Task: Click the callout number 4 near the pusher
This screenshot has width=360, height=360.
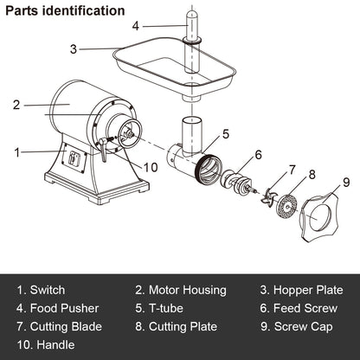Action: click(x=136, y=26)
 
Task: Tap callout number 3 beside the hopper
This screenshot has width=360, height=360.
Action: click(x=74, y=49)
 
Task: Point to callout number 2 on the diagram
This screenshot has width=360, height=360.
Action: click(x=16, y=106)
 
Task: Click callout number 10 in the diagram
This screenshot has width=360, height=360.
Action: click(x=151, y=167)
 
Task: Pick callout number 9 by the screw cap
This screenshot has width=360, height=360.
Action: click(x=346, y=183)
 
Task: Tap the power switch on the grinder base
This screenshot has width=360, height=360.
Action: click(x=74, y=159)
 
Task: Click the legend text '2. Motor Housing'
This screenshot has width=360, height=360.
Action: click(x=180, y=291)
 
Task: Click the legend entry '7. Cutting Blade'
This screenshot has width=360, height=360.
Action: click(x=59, y=327)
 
